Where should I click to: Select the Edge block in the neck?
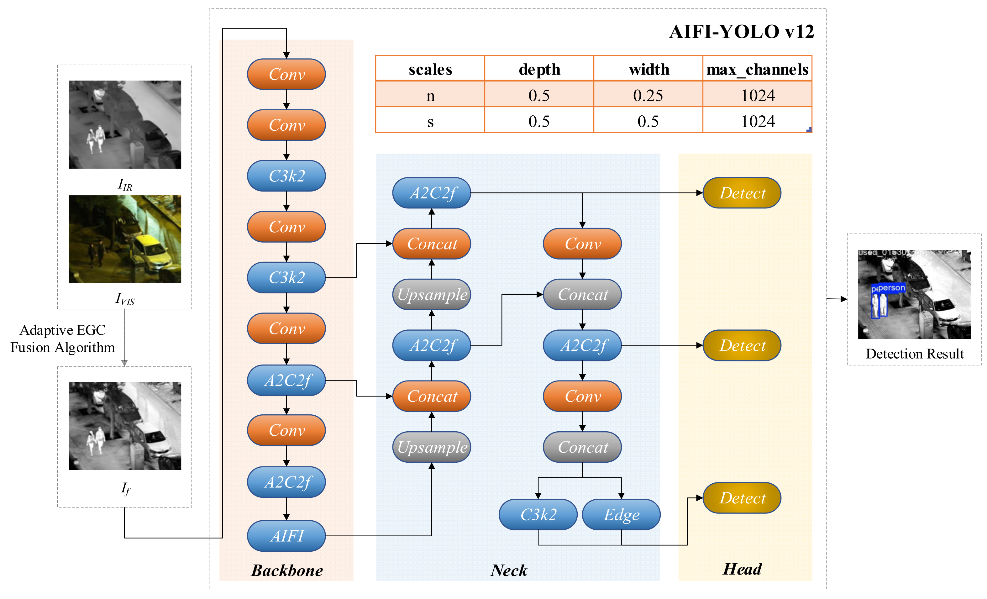(x=621, y=514)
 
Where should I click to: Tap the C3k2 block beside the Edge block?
(x=538, y=514)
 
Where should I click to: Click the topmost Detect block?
(x=742, y=193)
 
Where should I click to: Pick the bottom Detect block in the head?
(x=742, y=498)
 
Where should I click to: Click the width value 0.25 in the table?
(x=648, y=95)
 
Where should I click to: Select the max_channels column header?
(x=757, y=69)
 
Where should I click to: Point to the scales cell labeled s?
(x=430, y=121)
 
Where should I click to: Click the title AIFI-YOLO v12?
(x=741, y=32)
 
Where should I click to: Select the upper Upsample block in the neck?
(x=431, y=295)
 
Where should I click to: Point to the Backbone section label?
(x=287, y=570)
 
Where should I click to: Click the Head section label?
(x=742, y=569)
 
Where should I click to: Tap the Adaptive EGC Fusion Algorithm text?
(x=62, y=339)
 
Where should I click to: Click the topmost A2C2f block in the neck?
(x=431, y=193)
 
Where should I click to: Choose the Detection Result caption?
(x=915, y=354)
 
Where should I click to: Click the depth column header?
(x=539, y=69)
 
